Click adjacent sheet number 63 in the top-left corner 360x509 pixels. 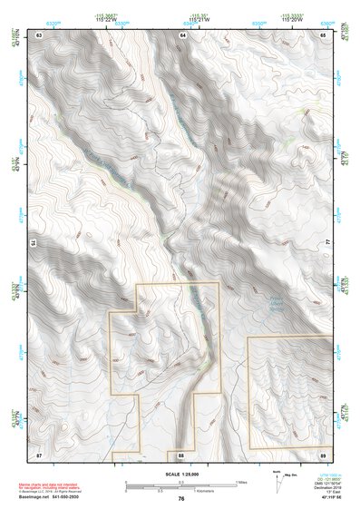[40, 34]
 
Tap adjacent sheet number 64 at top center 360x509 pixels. [181, 34]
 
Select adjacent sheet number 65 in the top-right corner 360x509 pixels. [324, 34]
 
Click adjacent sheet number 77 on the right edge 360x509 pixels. [327, 242]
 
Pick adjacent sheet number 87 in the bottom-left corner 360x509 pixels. [40, 453]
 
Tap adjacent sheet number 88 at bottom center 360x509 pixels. [181, 453]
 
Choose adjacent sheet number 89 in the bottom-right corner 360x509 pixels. [324, 453]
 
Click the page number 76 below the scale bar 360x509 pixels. [181, 498]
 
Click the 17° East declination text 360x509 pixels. [331, 492]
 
